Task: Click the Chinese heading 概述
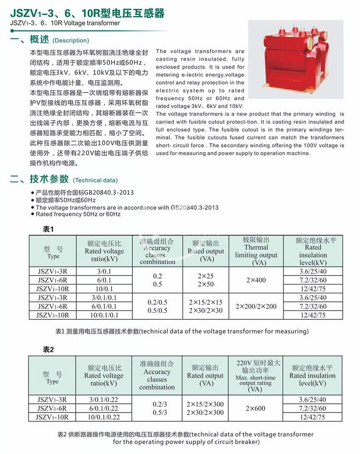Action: pyautogui.click(x=39, y=39)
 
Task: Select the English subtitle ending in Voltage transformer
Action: pyautogui.click(x=65, y=23)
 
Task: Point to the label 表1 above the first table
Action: pyautogui.click(x=48, y=229)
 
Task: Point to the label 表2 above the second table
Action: pyautogui.click(x=48, y=350)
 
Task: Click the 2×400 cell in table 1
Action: pyautogui.click(x=256, y=280)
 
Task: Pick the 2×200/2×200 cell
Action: pyautogui.click(x=256, y=306)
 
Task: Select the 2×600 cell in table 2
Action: pyautogui.click(x=256, y=408)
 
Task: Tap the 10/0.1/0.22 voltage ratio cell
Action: pyautogui.click(x=104, y=417)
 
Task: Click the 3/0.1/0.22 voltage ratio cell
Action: pyautogui.click(x=104, y=400)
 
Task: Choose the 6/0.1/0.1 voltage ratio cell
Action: pyautogui.click(x=104, y=306)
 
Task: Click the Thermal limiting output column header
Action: pyautogui.click(x=256, y=251)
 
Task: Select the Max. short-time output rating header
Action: pyautogui.click(x=255, y=376)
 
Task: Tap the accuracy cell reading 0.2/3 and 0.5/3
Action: pyautogui.click(x=157, y=408)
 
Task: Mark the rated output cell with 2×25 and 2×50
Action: pyautogui.click(x=206, y=280)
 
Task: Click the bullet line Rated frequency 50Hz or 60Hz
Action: pyautogui.click(x=78, y=214)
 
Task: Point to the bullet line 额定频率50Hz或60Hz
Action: pyautogui.click(x=66, y=200)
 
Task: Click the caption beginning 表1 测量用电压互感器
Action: pyautogui.click(x=182, y=331)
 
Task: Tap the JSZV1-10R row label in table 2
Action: pyautogui.click(x=52, y=417)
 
